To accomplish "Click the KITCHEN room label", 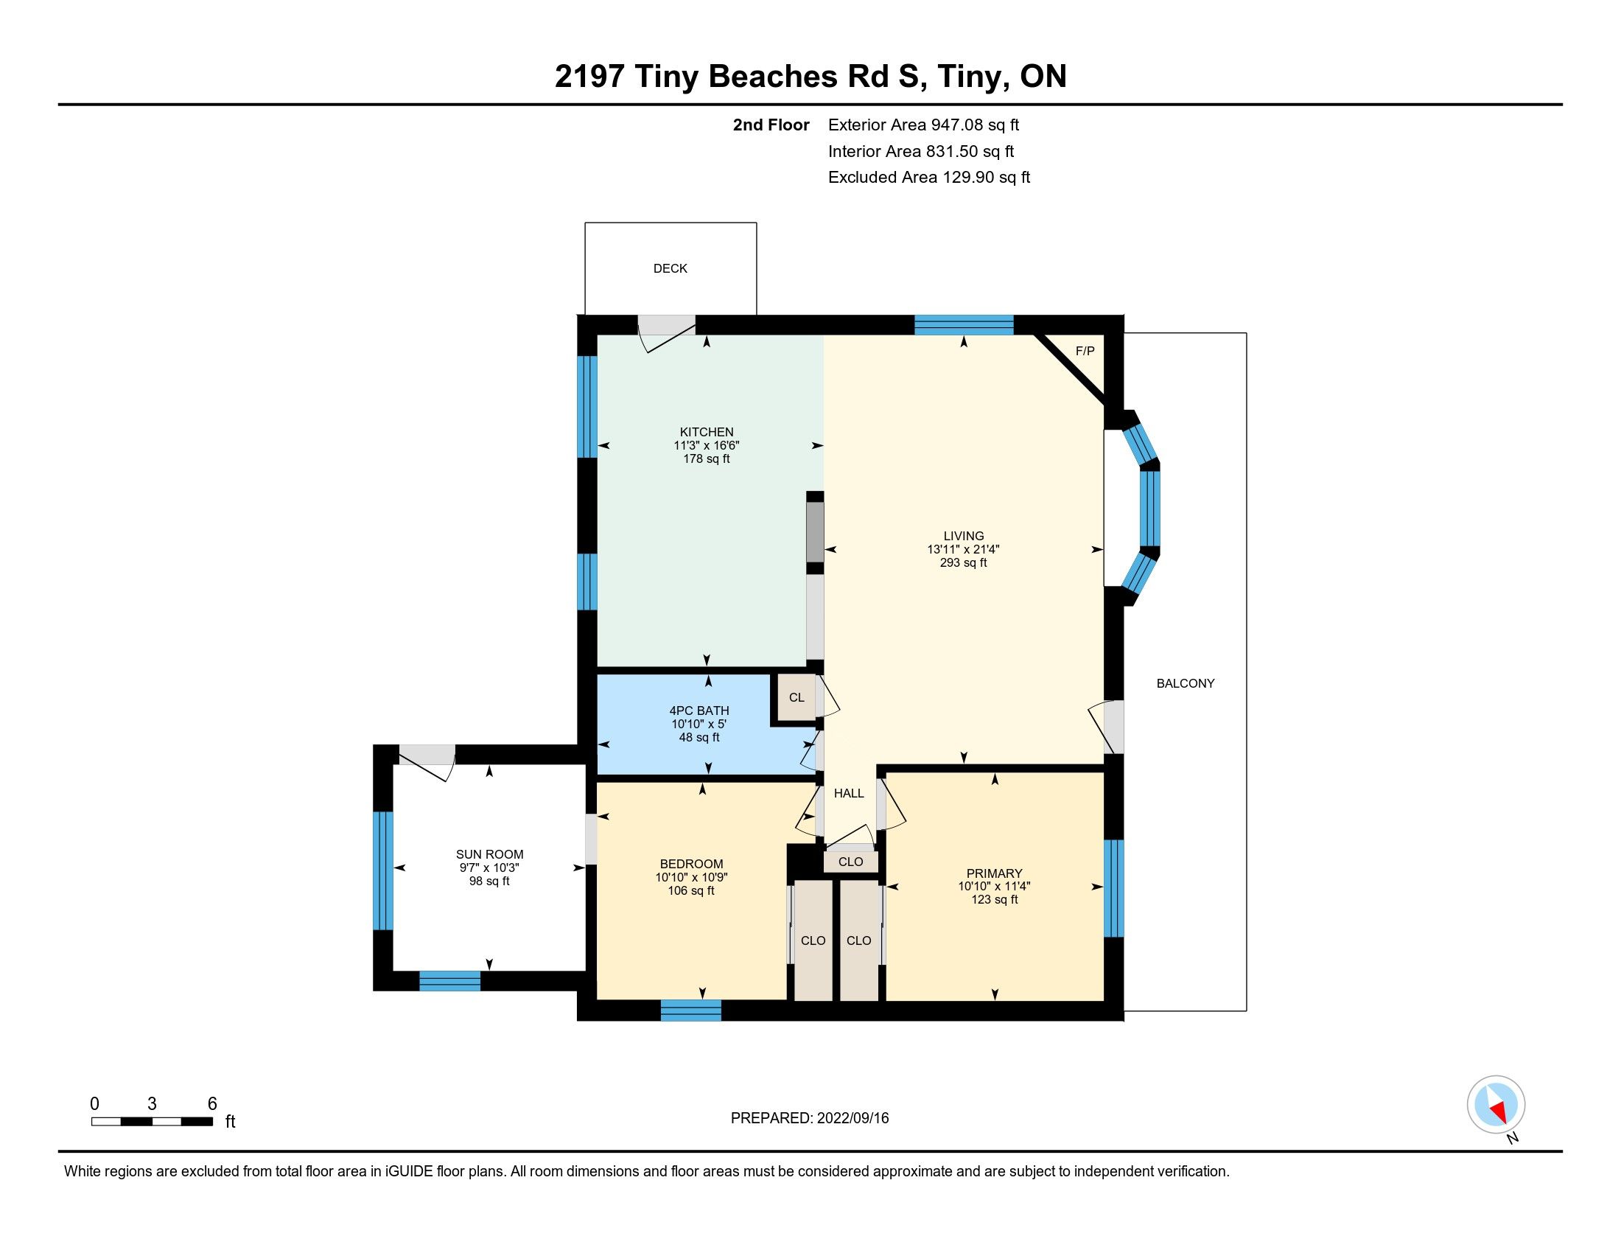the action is point(707,432).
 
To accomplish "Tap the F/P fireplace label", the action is point(1085,351).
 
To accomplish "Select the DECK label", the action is point(671,269).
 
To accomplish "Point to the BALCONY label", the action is point(1186,684).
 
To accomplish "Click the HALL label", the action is point(849,794).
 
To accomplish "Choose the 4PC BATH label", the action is point(699,711).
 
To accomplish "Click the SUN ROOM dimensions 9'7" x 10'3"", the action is point(489,868).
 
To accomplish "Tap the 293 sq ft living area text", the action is point(964,562).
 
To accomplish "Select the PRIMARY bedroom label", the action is point(995,873).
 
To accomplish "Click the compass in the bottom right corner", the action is point(1496,1105).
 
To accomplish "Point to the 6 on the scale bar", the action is point(212,1104).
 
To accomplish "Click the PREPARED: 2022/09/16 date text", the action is point(810,1118).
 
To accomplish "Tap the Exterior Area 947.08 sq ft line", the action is point(923,125).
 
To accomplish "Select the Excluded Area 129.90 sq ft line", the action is point(929,178).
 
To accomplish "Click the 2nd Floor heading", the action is point(771,125).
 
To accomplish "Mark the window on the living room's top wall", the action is point(964,325).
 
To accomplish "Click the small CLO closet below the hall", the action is point(850,862).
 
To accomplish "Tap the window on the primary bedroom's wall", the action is point(1114,888).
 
